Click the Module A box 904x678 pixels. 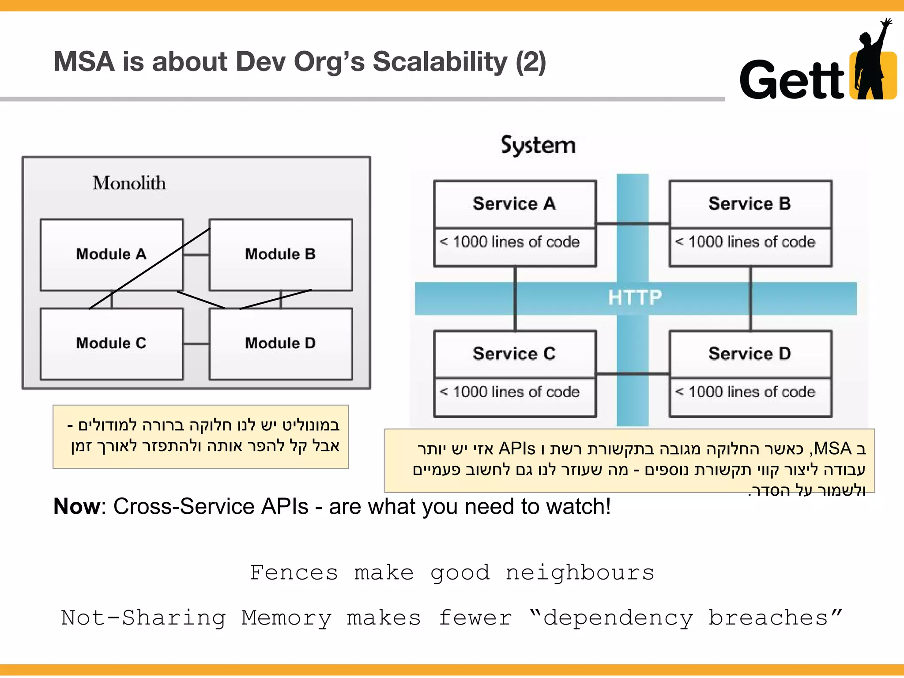click(111, 254)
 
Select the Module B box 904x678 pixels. click(281, 254)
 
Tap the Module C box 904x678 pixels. click(111, 343)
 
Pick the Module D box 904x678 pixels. click(281, 343)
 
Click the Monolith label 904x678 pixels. click(129, 183)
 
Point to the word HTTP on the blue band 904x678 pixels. click(635, 298)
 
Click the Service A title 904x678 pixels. click(514, 204)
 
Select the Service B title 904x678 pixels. click(750, 204)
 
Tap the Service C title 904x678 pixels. click(514, 354)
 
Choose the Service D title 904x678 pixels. click(750, 354)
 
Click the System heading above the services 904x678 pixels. click(538, 146)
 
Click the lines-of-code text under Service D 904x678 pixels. click(746, 392)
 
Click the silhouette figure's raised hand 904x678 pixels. click(885, 23)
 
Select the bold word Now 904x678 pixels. click(77, 506)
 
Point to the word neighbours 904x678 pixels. click(580, 573)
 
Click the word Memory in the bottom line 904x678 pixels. click(286, 618)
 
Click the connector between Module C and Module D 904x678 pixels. click(196, 344)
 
